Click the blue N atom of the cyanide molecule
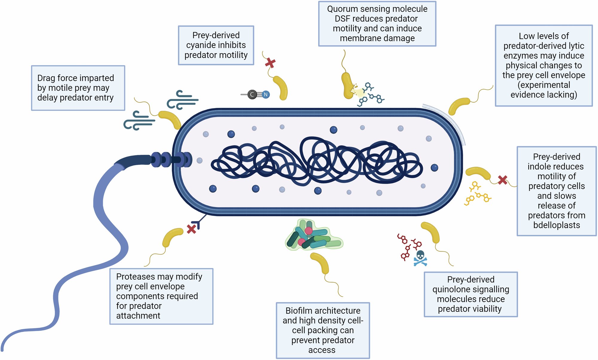click(x=266, y=95)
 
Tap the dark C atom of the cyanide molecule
click(x=252, y=95)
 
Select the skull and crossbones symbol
click(x=420, y=258)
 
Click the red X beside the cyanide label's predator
click(x=270, y=63)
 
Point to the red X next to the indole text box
click(x=503, y=180)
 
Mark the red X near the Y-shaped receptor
click(x=191, y=229)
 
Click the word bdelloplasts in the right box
click(x=556, y=225)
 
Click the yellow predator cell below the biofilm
click(x=321, y=263)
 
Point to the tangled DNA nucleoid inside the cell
click(x=317, y=161)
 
